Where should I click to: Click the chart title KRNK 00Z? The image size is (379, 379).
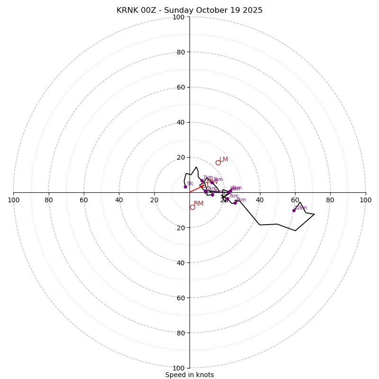(189, 10)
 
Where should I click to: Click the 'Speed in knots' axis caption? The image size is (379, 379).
(189, 375)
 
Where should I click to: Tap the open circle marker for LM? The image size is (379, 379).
(218, 162)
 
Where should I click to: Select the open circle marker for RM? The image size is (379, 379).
(192, 207)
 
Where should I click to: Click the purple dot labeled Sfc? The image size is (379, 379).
(185, 187)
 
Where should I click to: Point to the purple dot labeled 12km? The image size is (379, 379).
(294, 210)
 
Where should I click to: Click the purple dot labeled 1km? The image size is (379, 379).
(202, 180)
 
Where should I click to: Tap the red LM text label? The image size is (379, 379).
(224, 160)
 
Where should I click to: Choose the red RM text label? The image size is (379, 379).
(199, 204)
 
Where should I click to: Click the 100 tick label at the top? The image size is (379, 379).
(179, 18)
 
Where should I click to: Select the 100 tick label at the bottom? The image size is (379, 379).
(179, 368)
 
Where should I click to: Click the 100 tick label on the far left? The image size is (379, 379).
(14, 200)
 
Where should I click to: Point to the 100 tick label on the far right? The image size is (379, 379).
(365, 200)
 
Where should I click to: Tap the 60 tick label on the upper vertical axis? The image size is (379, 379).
(180, 88)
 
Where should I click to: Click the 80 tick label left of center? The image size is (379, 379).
(49, 200)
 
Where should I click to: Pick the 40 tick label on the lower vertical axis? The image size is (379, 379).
(180, 263)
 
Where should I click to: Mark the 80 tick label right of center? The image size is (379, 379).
(330, 200)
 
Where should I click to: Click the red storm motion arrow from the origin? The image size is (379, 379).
(196, 189)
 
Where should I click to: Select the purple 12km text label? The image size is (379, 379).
(301, 208)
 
